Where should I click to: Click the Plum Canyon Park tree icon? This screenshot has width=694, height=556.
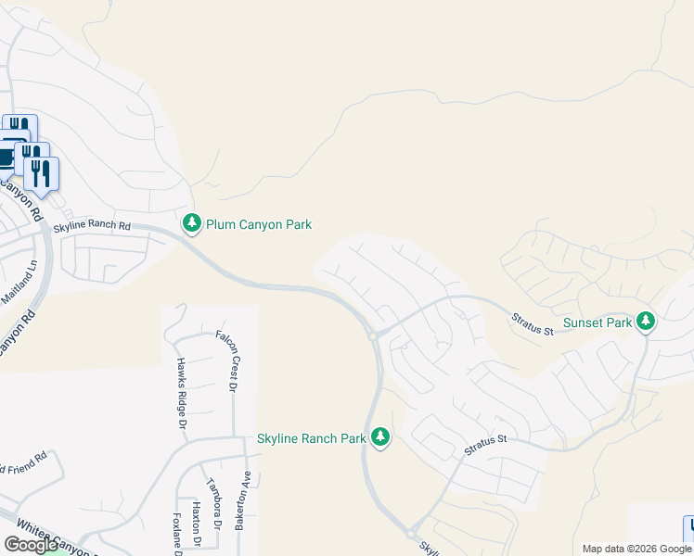(192, 223)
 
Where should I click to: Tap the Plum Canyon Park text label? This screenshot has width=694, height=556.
(259, 224)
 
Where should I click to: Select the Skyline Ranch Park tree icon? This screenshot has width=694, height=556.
(379, 436)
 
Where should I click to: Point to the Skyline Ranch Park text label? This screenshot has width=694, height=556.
(312, 438)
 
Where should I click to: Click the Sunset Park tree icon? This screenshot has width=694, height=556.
(646, 322)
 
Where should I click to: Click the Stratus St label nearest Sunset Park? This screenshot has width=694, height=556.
(533, 324)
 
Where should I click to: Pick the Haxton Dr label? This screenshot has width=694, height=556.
(196, 524)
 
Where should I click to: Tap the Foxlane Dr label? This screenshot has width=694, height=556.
(175, 533)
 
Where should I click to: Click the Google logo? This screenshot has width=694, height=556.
(32, 545)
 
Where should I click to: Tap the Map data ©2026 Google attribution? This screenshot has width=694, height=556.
(636, 549)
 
